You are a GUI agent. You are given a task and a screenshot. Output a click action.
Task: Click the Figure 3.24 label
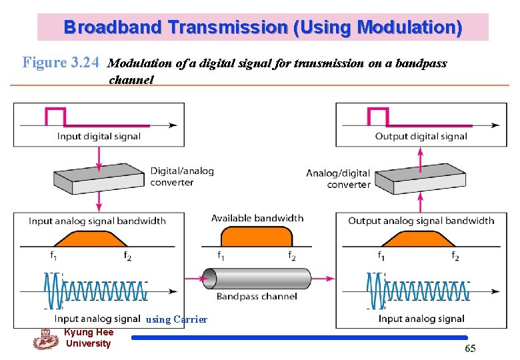coord(61,63)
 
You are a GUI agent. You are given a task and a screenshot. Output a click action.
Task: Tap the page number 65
coord(470,349)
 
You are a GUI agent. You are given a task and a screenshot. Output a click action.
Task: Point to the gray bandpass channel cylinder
coord(257,279)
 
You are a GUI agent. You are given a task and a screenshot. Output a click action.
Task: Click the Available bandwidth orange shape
coord(257,237)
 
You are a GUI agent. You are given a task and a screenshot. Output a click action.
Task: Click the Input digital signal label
coord(99,136)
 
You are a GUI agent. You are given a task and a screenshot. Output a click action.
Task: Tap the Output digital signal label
coord(421,136)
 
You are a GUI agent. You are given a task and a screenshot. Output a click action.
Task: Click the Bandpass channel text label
coord(257,296)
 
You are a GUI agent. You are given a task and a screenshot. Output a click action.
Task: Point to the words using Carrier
coord(177,320)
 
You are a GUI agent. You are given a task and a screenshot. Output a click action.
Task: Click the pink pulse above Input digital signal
coord(55,115)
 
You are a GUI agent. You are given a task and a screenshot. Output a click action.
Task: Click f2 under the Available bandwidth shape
coord(291,256)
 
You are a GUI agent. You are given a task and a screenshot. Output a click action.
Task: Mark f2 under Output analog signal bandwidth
coord(455,256)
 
